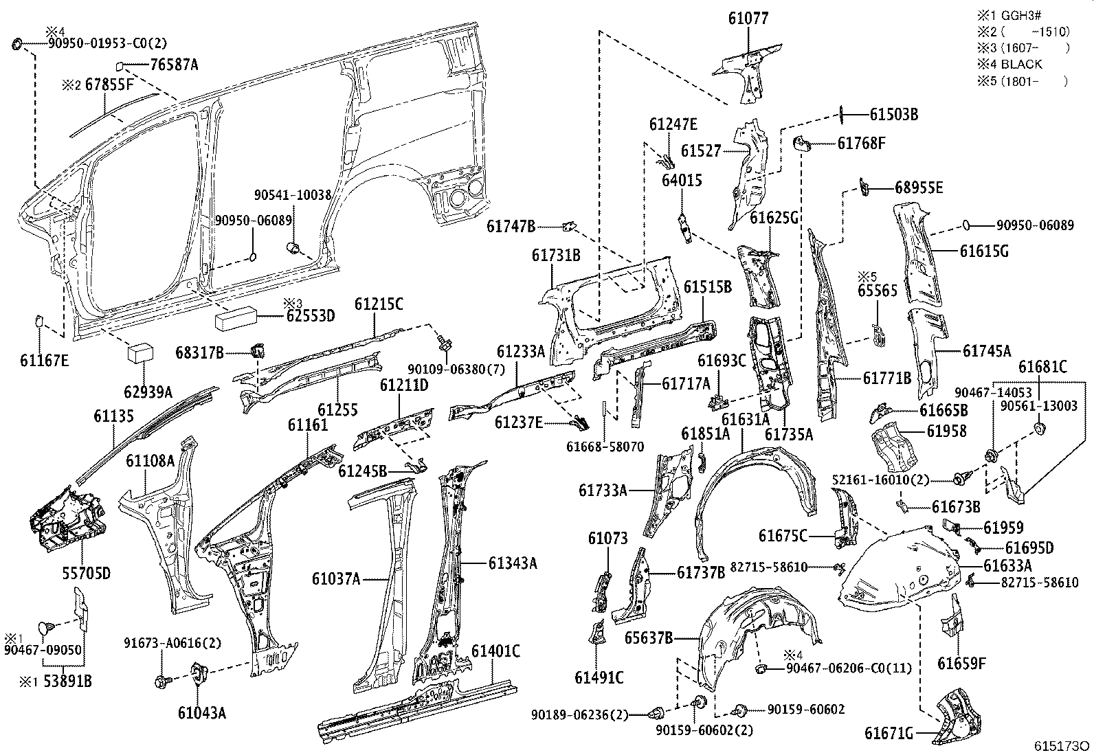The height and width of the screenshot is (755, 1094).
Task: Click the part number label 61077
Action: coord(748,19)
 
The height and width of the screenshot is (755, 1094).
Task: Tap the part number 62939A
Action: coord(148,392)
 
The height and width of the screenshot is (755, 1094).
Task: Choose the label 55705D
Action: coord(83,572)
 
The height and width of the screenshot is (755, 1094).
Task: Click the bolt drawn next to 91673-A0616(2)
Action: coord(163,681)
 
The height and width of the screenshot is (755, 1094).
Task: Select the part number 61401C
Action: coord(495,651)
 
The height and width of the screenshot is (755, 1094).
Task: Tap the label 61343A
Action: coord(513,563)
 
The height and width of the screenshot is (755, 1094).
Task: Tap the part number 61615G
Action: coord(984,251)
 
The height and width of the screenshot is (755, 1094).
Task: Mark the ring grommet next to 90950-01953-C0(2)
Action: coord(17,45)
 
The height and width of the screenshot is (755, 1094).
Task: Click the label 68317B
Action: coord(199,353)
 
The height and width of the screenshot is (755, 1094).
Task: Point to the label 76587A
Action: coord(174,65)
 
